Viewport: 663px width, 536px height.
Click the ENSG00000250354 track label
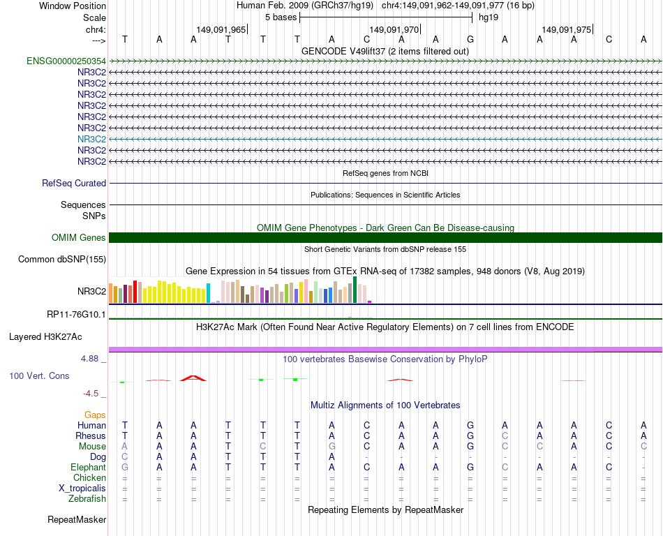66,61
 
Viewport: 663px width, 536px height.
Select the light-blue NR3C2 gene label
91,139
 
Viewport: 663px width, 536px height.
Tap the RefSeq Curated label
74,184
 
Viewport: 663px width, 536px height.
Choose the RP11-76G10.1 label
76,315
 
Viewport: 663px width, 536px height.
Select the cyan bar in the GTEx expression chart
209,293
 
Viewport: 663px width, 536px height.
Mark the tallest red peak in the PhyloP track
193,378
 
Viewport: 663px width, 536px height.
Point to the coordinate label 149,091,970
394,30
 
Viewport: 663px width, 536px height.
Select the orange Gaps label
95,415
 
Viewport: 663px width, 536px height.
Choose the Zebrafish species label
87,499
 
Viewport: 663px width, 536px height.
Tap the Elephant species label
88,468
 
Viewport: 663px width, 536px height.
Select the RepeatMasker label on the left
77,520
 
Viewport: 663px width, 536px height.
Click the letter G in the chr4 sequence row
470,39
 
